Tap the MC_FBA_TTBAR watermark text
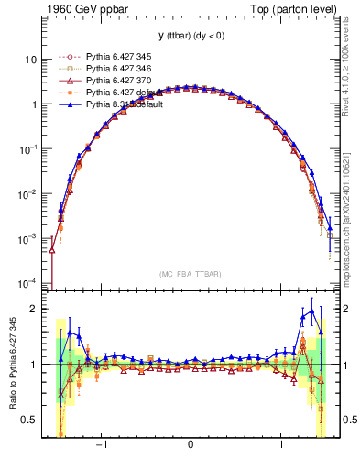pyautogui.click(x=189, y=274)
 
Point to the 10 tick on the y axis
pyautogui.click(x=29, y=60)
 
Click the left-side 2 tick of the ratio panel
pyautogui.click(x=33, y=309)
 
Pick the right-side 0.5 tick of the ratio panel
pyautogui.click(x=344, y=420)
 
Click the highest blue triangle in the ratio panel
pyautogui.click(x=312, y=311)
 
